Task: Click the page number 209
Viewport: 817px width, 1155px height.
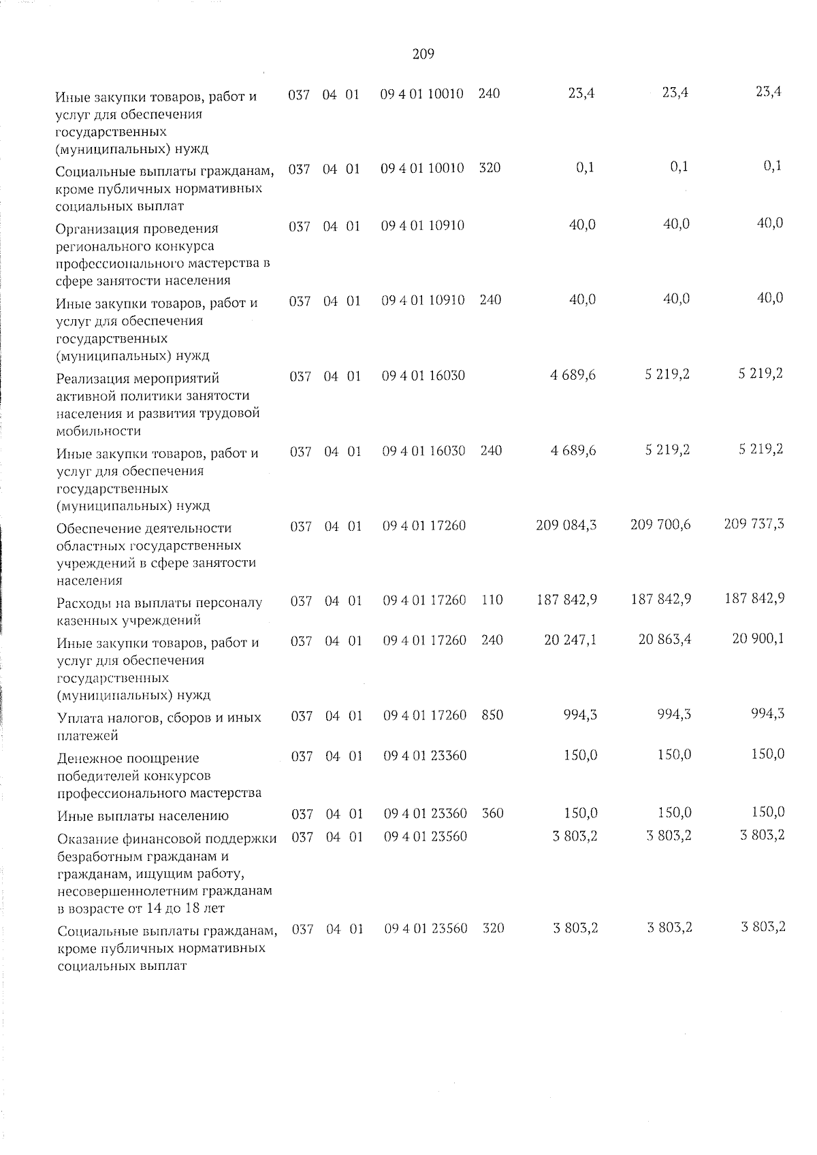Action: [x=423, y=54]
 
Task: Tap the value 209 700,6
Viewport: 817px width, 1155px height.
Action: [x=660, y=524]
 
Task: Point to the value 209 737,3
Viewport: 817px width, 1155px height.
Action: [x=754, y=523]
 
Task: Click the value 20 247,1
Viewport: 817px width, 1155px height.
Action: [x=571, y=640]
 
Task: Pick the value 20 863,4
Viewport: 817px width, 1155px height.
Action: [x=664, y=639]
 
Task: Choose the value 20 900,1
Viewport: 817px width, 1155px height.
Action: [x=758, y=638]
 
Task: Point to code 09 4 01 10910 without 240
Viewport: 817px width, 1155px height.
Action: [x=423, y=225]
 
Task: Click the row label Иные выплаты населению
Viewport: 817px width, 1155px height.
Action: [x=142, y=816]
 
